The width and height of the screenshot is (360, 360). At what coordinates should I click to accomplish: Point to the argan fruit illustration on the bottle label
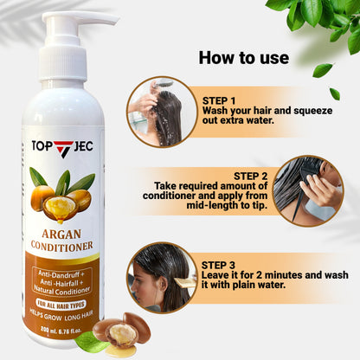coord(61,195)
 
